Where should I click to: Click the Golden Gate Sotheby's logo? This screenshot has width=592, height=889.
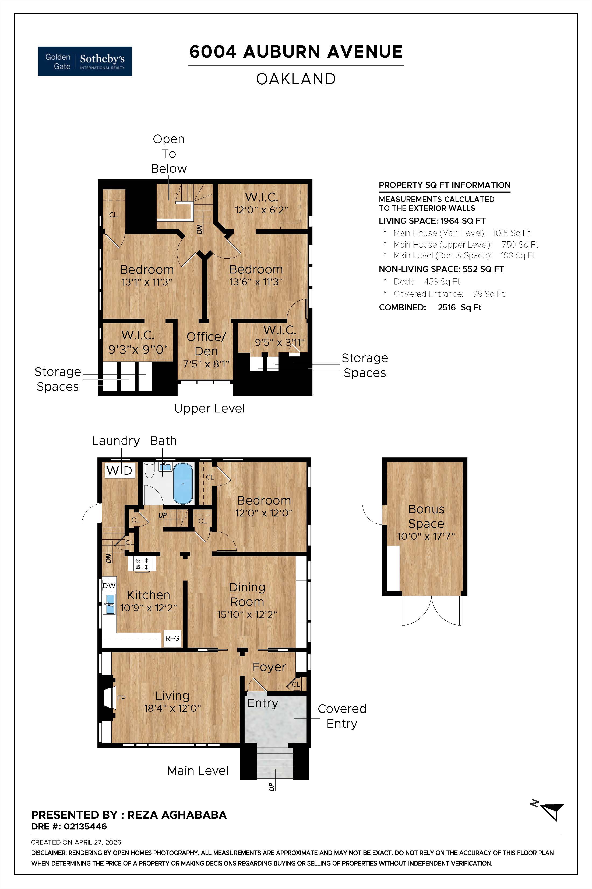[x=85, y=61]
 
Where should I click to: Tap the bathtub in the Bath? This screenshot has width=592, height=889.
[x=183, y=484]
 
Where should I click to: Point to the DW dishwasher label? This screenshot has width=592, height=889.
[x=109, y=585]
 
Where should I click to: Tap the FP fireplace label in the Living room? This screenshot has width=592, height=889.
[x=121, y=698]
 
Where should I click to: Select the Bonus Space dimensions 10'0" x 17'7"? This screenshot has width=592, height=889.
[x=426, y=536]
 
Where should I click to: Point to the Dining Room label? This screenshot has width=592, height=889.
[x=247, y=594]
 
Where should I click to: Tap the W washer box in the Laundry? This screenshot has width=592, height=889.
[x=112, y=471]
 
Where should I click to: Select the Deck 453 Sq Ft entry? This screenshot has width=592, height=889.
[x=427, y=281]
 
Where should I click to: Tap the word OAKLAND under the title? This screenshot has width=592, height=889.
[x=296, y=79]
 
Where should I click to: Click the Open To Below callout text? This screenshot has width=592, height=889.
[x=169, y=154]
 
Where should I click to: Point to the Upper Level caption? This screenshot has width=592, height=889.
[x=209, y=409]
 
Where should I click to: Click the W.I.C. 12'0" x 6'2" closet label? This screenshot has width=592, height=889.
[x=261, y=203]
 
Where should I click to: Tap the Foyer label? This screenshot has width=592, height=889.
[x=269, y=667]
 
